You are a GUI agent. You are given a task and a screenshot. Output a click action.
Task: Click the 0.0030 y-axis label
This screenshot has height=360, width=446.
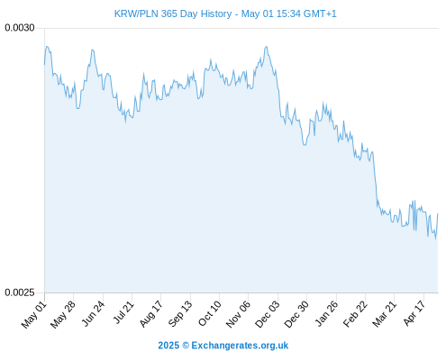click(x=20, y=28)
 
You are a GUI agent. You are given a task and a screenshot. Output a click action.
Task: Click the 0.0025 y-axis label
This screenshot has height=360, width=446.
click(x=20, y=292)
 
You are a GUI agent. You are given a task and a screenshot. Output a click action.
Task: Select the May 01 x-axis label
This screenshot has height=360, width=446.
click(x=34, y=315)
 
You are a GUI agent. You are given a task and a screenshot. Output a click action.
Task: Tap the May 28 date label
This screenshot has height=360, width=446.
click(x=63, y=315)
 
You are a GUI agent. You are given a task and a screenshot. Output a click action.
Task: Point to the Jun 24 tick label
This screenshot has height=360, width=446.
click(x=93, y=314)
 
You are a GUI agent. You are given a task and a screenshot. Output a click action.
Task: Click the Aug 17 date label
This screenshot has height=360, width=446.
click(x=150, y=314)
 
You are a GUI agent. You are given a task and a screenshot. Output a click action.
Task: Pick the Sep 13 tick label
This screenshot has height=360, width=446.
click(x=180, y=314)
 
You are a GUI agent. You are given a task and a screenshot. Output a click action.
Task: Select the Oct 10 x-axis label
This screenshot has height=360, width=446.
click(x=209, y=314)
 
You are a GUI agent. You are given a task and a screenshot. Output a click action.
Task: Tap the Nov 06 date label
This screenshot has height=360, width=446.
click(x=238, y=315)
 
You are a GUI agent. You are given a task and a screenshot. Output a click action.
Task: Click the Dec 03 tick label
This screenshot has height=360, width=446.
click(x=267, y=315)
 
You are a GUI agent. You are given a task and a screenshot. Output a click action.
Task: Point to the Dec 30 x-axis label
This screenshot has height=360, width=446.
click(x=296, y=315)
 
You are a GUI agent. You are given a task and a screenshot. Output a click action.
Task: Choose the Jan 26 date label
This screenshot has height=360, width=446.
click(x=326, y=314)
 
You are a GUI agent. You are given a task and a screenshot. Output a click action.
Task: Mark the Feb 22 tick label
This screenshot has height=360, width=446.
click(x=355, y=314)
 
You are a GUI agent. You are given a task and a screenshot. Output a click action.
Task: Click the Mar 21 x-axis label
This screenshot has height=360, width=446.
click(x=384, y=314)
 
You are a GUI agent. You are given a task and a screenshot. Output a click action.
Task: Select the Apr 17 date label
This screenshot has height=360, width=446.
click(x=414, y=313)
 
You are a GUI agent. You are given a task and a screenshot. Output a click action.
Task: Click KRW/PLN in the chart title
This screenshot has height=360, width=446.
click(x=136, y=13)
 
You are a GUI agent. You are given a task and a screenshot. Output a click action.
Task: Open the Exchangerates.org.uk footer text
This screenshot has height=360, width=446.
click(x=240, y=346)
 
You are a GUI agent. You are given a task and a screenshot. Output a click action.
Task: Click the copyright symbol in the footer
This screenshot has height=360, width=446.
click(x=186, y=346)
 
